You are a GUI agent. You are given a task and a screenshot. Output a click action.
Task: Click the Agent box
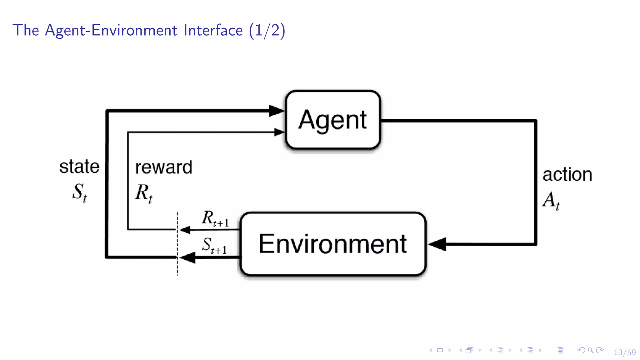coord(333,120)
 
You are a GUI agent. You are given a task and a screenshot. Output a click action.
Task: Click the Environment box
coord(333,244)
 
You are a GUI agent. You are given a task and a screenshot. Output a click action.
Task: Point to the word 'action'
coord(567,174)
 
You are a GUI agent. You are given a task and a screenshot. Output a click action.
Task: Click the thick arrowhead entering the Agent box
coord(277,111)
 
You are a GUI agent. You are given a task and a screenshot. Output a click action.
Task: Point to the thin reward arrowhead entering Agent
coord(279,132)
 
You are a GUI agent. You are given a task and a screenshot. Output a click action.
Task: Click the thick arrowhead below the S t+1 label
coord(188,257)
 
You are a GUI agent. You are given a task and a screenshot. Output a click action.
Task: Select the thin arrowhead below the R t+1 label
coord(185,230)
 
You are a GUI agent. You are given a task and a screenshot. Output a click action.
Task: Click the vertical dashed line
coord(177,244)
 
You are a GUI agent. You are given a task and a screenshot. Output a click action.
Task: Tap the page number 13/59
coord(624,352)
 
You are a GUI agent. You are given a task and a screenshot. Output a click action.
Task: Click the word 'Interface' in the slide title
coord(213,30)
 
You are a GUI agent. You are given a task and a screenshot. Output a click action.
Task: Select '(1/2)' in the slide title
coord(267,31)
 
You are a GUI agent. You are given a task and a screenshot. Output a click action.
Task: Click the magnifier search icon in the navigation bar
coord(590,350)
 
